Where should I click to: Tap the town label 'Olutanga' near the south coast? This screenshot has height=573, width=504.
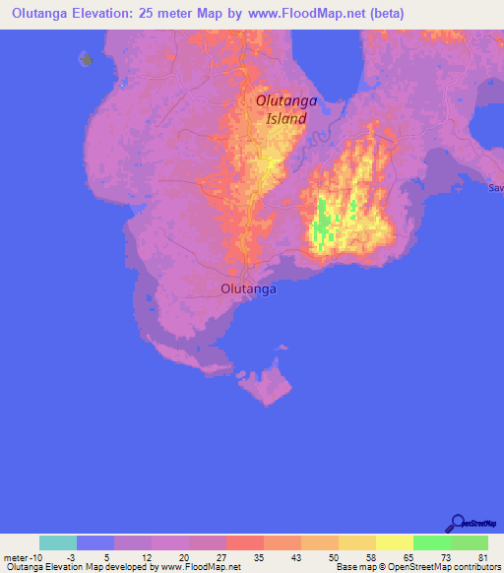pyautogui.click(x=249, y=289)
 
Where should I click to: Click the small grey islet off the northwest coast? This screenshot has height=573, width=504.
pyautogui.click(x=86, y=58)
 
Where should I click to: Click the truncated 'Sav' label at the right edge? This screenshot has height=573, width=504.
pyautogui.click(x=496, y=187)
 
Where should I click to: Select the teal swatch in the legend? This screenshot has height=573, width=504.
pyautogui.click(x=58, y=542)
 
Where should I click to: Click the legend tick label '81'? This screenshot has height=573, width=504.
pyautogui.click(x=482, y=556)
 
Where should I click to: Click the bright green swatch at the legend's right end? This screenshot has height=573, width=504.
pyautogui.click(x=470, y=542)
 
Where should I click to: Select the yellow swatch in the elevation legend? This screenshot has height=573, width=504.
pyautogui.click(x=395, y=542)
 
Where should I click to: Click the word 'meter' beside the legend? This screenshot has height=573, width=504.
pyautogui.click(x=17, y=556)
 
